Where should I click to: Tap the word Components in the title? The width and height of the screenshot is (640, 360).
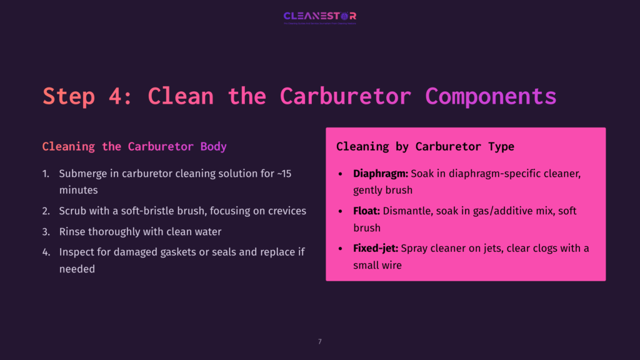[x=491, y=96]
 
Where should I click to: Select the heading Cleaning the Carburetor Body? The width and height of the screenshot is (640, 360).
[x=134, y=147]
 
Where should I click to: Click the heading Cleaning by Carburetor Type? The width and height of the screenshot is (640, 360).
[x=425, y=147]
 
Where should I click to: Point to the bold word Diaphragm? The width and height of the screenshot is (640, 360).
[x=381, y=174]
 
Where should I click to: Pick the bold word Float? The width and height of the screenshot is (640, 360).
[x=367, y=211]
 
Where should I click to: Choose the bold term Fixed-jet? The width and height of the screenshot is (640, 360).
[x=376, y=249]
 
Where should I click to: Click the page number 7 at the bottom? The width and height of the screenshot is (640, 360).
[x=320, y=342]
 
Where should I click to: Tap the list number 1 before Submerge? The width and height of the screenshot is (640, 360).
[x=45, y=174]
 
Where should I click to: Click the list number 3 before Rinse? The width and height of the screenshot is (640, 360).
[x=46, y=232]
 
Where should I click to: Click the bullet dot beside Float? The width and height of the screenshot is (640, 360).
[x=340, y=211]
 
